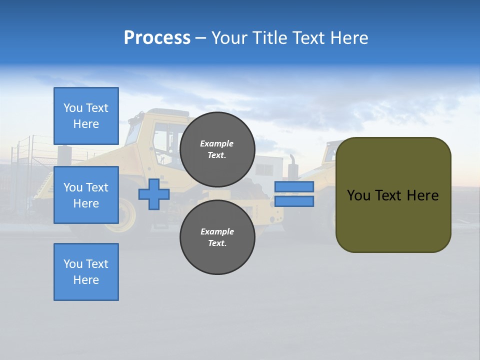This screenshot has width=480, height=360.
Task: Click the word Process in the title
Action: coord(157,38)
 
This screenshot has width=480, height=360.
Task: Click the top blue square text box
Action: coord(86,116)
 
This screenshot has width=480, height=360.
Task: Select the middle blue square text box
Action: coord(86,195)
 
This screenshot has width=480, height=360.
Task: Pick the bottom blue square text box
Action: coord(86,272)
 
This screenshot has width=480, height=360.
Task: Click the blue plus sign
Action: coord(154,194)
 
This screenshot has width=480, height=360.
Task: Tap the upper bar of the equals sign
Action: coord(294,186)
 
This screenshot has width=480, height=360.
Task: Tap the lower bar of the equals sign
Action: coord(294,201)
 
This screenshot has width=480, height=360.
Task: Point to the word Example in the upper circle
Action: coord(216,143)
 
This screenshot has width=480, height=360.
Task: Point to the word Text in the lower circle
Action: coord(216,243)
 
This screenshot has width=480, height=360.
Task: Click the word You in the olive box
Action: coord(358,195)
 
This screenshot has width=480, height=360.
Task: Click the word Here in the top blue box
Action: coord(86,124)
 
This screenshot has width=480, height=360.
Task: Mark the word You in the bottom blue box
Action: coord(72,264)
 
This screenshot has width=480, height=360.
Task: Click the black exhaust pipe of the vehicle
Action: coord(292,165)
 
